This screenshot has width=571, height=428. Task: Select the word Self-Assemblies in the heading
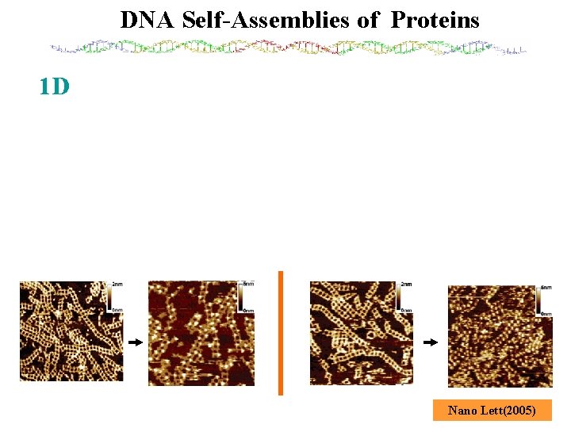click(x=266, y=20)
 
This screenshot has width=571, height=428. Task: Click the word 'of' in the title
click(x=368, y=20)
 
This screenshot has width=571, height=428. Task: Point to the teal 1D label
click(x=55, y=86)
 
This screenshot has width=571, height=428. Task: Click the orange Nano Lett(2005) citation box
click(x=492, y=410)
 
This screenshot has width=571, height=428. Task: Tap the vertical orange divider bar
click(x=280, y=332)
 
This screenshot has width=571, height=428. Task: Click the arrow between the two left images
click(x=135, y=342)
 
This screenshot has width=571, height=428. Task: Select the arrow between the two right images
click(x=430, y=342)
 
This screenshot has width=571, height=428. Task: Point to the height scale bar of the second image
click(x=240, y=296)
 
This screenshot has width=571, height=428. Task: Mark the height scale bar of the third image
click(x=398, y=296)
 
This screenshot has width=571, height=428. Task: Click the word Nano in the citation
click(x=461, y=410)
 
